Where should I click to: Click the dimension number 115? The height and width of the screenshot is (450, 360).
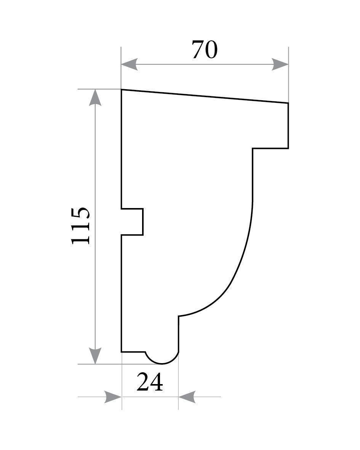tap(81, 226)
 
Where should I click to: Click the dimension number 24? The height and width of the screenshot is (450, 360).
tap(150, 382)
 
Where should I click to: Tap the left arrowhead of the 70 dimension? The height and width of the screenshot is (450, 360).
tap(130, 64)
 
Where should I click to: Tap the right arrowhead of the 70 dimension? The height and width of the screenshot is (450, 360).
tap(280, 64)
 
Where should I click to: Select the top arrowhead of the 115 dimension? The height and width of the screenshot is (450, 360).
tap(95, 98)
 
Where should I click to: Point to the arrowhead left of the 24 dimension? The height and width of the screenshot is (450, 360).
tap(113, 397)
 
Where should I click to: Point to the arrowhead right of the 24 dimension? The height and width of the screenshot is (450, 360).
tap(187, 397)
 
